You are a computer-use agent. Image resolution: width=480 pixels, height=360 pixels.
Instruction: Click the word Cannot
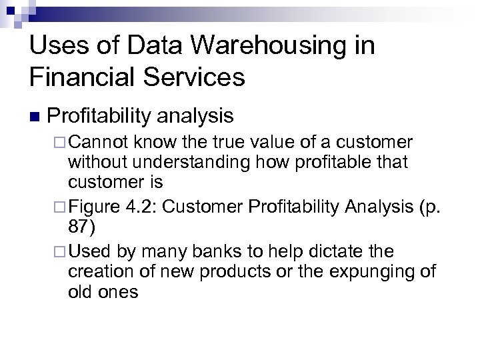point(97,143)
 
